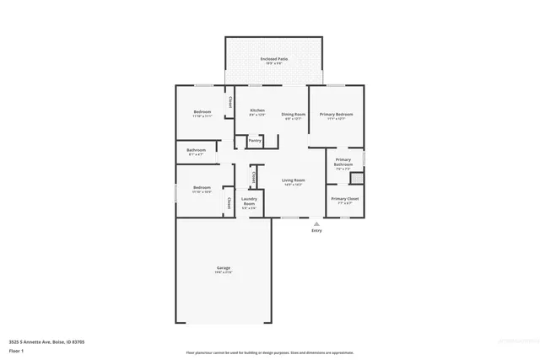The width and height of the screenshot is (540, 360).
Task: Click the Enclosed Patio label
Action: click(275, 58)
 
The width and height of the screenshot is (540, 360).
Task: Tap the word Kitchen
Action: click(257, 111)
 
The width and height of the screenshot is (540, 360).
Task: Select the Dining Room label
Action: click(293, 114)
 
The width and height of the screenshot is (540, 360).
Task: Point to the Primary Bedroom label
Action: click(336, 114)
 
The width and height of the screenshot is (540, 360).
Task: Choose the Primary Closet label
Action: click(343, 199)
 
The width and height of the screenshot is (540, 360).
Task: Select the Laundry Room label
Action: click(249, 201)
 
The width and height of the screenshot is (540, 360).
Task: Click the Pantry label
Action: click(255, 140)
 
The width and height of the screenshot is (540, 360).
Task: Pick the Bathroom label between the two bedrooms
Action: click(197, 150)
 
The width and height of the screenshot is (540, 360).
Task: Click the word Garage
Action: click(223, 268)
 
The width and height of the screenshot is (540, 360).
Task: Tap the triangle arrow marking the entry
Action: click(316, 224)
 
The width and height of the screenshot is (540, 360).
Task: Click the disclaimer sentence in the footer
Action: click(269, 352)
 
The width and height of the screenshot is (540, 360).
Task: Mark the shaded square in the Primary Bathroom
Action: click(357, 178)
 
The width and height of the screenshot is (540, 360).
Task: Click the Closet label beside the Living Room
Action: click(253, 177)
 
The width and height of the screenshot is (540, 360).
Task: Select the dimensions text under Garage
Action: click(223, 273)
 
